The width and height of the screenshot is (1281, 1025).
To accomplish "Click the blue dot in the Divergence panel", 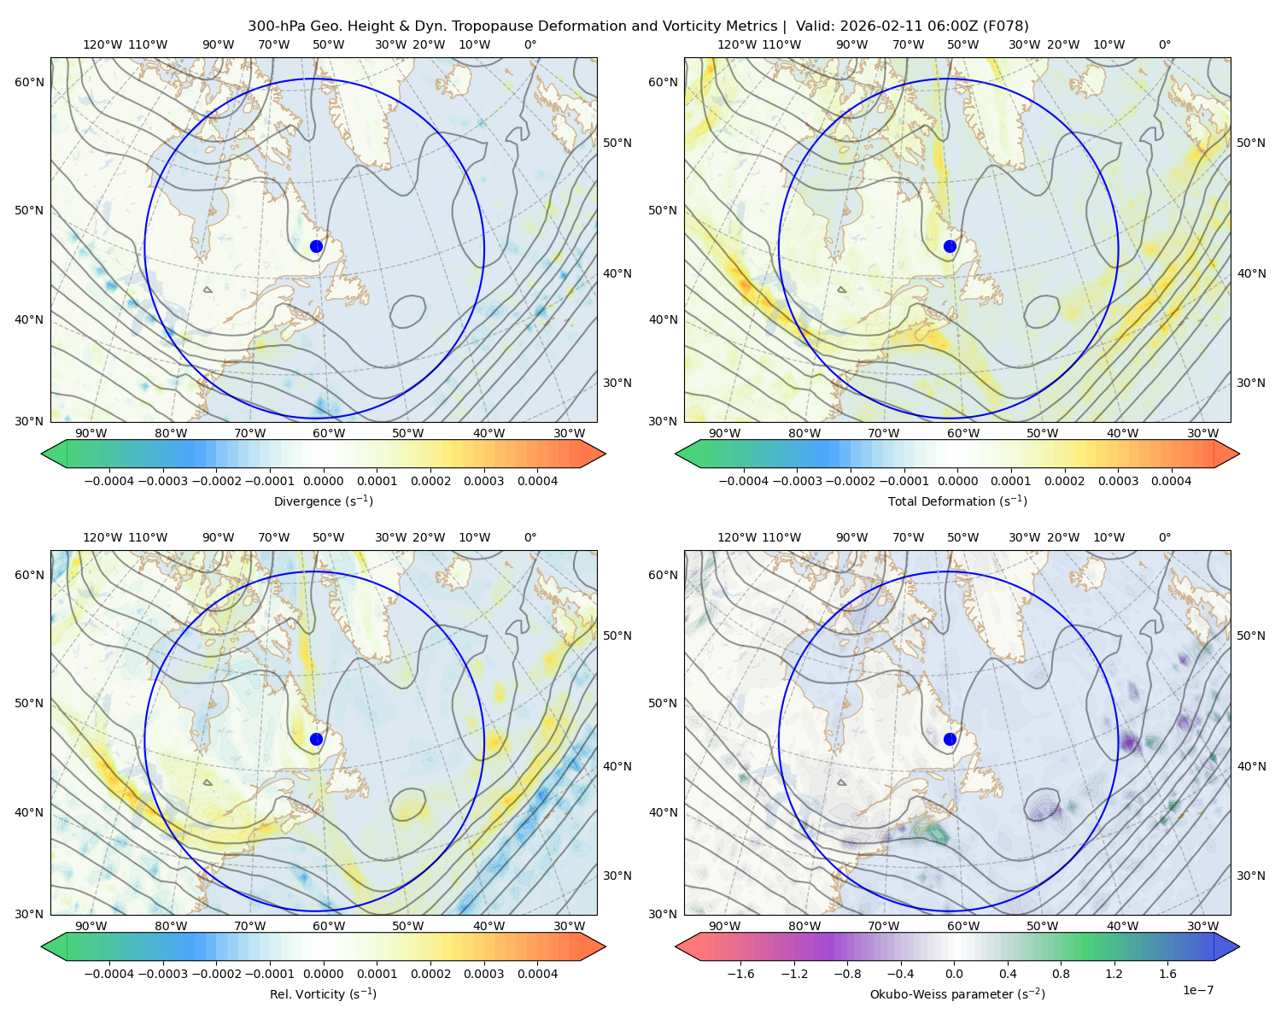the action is [316, 246].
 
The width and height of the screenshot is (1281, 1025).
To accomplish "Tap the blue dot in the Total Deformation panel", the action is [950, 246].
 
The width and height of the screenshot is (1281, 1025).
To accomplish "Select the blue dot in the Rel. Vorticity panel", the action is [316, 739].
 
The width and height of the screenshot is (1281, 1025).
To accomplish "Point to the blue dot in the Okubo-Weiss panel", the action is [950, 739].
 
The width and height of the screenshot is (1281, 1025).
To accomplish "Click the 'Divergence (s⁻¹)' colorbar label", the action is [323, 501].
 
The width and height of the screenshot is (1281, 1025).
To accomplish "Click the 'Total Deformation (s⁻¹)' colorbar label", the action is [957, 501].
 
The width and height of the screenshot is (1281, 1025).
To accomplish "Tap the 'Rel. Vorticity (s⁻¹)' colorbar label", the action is [323, 993].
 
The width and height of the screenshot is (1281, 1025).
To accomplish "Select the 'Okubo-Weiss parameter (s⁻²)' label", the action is [957, 993].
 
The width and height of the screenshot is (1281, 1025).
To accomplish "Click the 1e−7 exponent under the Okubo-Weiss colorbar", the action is [1197, 990].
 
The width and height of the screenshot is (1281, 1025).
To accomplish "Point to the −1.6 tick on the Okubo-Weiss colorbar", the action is [741, 973].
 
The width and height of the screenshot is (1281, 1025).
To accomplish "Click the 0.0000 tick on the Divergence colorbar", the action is [323, 481].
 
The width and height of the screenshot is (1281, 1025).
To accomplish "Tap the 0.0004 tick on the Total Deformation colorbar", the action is [1171, 481].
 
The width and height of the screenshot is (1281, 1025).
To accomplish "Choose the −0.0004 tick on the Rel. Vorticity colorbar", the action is [109, 973].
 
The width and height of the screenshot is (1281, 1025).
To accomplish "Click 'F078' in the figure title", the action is [1006, 26].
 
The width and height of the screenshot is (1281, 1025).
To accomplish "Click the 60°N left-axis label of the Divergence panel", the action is [29, 82].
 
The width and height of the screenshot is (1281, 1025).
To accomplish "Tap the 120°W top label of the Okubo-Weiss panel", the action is [736, 537].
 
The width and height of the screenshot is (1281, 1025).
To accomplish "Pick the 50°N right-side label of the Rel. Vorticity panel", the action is [617, 635].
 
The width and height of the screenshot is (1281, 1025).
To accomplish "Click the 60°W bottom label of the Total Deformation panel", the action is [962, 433].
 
